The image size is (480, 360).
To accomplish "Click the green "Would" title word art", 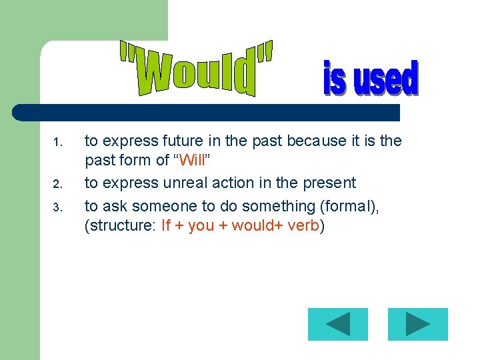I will pyautogui.click(x=197, y=69).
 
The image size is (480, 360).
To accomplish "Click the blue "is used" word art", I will pyautogui.click(x=371, y=79).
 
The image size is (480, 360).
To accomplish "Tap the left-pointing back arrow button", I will pyautogui.click(x=338, y=325).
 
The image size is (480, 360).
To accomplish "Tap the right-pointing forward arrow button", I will pyautogui.click(x=418, y=325).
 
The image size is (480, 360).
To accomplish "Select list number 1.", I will pyautogui.click(x=57, y=142).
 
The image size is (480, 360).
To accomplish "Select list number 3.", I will pyautogui.click(x=57, y=207).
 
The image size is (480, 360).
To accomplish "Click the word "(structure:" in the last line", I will pyautogui.click(x=120, y=225).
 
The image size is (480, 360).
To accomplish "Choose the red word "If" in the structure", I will pyautogui.click(x=166, y=225).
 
